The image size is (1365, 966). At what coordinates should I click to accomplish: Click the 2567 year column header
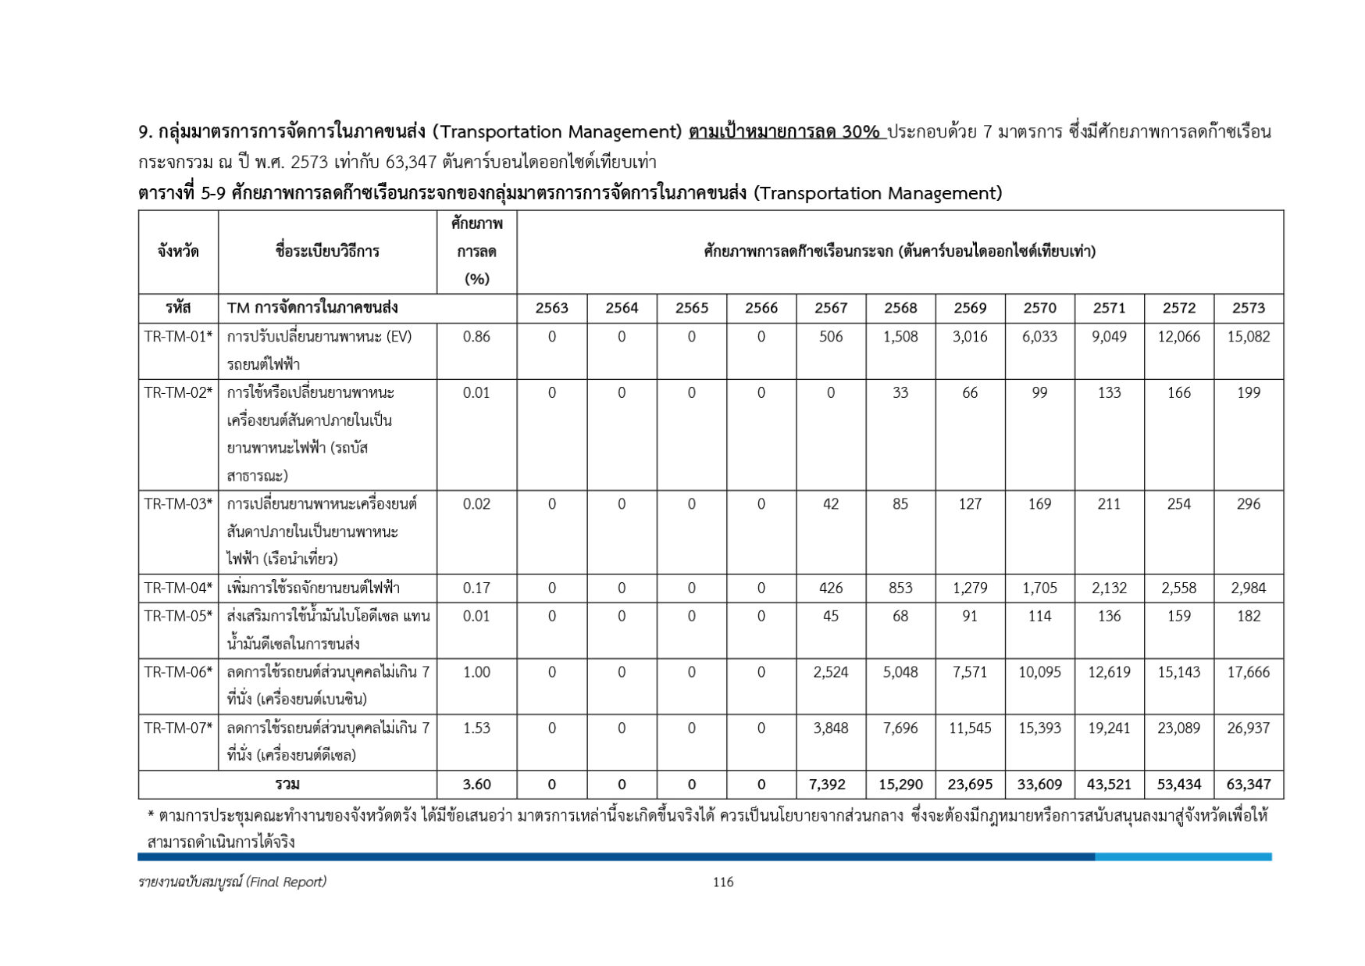[x=830, y=308]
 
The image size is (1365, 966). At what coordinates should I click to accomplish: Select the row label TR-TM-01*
[x=178, y=337]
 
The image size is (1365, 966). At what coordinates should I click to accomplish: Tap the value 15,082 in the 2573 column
[x=1248, y=337]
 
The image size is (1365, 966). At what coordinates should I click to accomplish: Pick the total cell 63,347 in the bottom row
[x=1248, y=785]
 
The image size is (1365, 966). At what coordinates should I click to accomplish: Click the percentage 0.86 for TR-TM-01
[x=476, y=337]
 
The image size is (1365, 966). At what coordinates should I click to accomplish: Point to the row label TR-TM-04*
[x=178, y=589]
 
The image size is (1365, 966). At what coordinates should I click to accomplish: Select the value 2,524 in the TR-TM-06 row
[x=830, y=672]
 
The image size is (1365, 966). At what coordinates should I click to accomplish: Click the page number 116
[x=722, y=882]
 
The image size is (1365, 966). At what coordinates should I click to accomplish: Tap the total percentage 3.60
[x=476, y=785]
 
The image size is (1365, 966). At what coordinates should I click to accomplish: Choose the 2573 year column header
[x=1248, y=308]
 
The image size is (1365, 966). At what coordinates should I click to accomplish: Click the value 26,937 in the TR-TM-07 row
[x=1248, y=728]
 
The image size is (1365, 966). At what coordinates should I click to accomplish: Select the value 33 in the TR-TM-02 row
[x=900, y=393]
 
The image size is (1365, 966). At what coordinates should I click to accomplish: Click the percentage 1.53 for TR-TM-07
[x=476, y=728]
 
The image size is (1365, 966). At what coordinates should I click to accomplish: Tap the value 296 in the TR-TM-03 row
[x=1248, y=504]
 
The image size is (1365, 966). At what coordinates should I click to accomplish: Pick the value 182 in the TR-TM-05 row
[x=1248, y=617]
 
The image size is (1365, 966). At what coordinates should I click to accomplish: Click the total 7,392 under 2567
[x=830, y=785]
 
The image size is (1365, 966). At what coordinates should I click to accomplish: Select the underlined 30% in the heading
[x=861, y=132]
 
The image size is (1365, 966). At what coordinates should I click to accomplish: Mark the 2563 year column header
[x=551, y=308]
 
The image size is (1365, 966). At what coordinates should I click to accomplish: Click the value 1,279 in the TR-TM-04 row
[x=969, y=589]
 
